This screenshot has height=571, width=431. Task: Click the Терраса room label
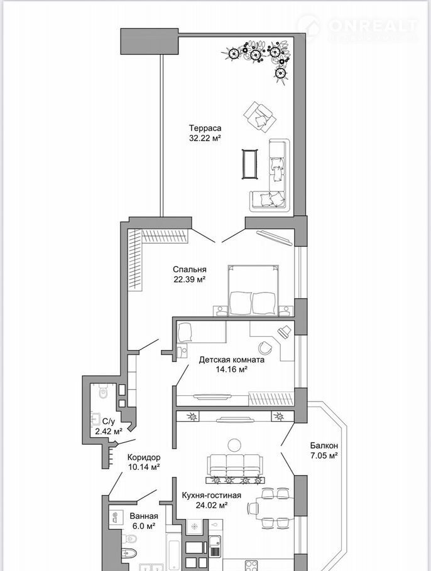point(205,128)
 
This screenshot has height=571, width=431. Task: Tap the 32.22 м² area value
point(205,138)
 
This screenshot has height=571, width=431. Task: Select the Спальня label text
point(190,269)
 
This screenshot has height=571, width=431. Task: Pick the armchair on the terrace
point(259,119)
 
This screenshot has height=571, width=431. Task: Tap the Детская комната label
point(232,360)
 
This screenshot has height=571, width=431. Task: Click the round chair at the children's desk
point(265,348)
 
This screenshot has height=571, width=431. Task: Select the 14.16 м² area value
point(232,370)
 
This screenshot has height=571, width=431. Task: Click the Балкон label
point(324,445)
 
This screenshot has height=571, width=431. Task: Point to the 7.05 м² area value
point(324,455)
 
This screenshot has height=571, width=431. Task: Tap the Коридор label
point(144,457)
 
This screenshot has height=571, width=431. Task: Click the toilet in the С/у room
point(103,392)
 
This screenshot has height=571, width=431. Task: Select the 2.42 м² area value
point(108,432)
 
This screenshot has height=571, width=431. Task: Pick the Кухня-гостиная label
point(212,495)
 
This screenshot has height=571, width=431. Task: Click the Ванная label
point(144,516)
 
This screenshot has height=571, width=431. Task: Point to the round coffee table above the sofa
point(234,445)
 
